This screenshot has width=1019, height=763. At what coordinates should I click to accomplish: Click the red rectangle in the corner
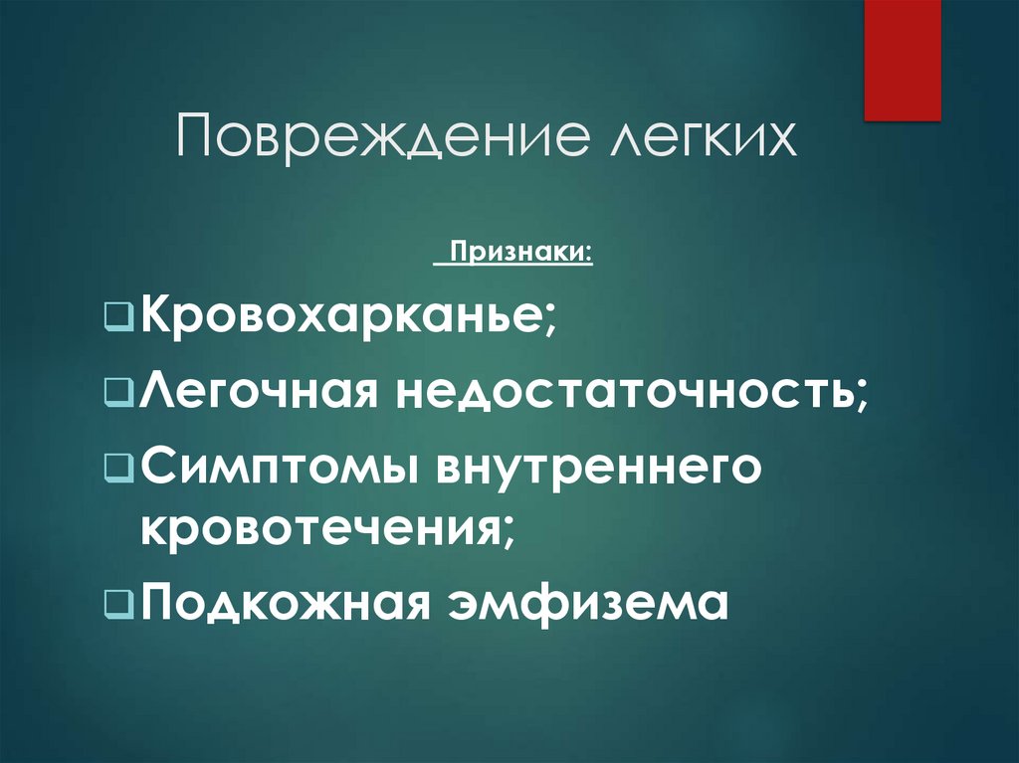903,60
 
